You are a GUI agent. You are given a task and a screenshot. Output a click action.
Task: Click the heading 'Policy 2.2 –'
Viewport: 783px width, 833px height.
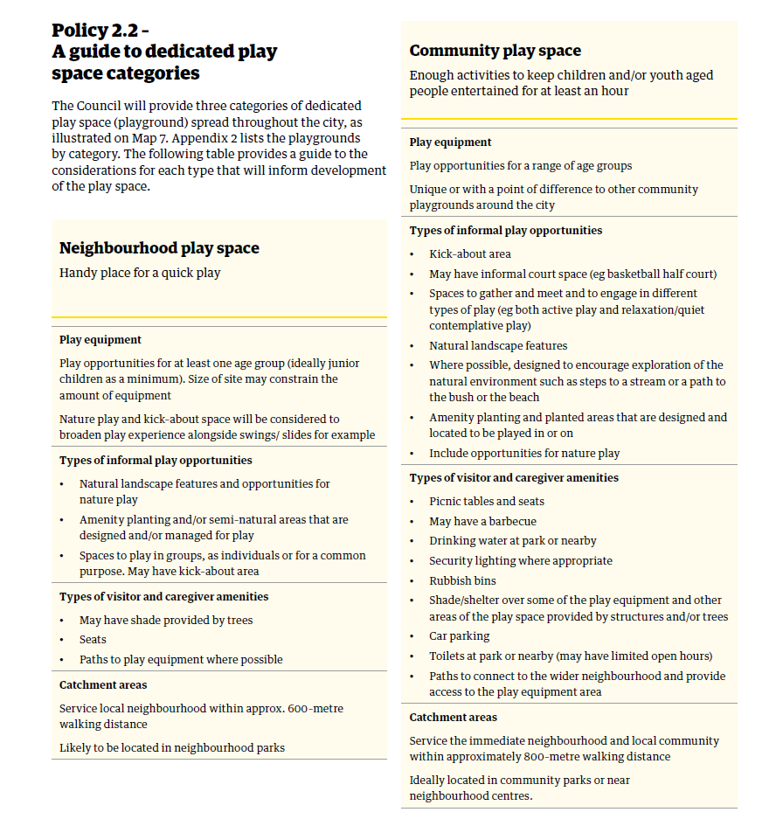(x=100, y=31)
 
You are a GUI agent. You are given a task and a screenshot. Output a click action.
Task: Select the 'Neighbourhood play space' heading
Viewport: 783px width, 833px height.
(x=159, y=248)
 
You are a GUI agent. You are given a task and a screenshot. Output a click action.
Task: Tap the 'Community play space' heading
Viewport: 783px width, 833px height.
(x=495, y=51)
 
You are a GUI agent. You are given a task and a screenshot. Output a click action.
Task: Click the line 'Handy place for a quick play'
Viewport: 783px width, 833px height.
(x=140, y=273)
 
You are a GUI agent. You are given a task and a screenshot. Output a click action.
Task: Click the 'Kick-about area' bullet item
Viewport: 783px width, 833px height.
(x=469, y=254)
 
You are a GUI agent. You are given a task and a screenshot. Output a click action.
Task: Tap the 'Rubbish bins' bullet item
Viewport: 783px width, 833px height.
(x=462, y=580)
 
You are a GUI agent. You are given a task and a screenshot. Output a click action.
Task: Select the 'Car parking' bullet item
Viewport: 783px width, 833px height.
(x=459, y=636)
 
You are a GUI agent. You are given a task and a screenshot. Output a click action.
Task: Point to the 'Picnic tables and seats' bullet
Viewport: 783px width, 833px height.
(x=486, y=502)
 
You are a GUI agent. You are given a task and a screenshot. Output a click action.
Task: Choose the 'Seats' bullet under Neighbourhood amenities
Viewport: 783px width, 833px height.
(x=93, y=640)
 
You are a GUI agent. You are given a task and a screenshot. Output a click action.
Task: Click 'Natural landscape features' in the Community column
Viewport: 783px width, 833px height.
(x=497, y=345)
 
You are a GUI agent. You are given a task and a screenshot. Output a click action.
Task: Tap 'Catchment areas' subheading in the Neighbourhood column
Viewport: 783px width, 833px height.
(x=103, y=685)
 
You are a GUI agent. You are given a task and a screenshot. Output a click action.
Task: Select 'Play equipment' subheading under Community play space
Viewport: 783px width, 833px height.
(x=450, y=142)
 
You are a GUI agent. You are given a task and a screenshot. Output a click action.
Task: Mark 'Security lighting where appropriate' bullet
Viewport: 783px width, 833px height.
(x=520, y=561)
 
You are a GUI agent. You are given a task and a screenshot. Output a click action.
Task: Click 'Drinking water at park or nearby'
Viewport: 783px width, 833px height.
(x=512, y=541)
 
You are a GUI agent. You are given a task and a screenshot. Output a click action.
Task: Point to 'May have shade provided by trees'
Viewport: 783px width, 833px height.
(x=165, y=621)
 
